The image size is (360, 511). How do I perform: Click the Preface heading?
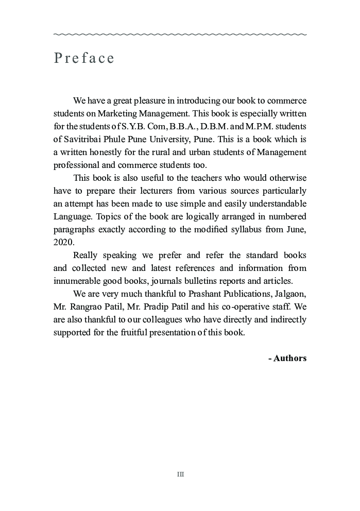click(x=84, y=58)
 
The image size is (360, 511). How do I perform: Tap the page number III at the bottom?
click(x=180, y=474)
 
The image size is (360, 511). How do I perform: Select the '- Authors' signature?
click(x=287, y=358)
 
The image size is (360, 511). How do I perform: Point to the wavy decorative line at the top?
click(x=180, y=35)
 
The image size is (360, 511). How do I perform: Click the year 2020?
click(x=64, y=242)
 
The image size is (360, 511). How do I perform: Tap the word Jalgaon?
click(x=288, y=306)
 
